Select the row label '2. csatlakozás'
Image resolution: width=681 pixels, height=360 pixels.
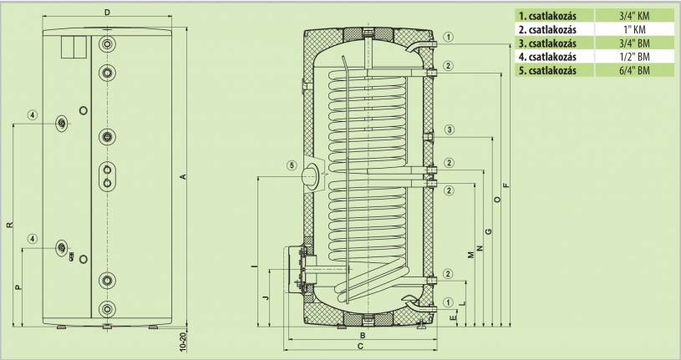coord(547,29)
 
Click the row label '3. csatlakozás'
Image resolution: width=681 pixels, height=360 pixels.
coord(547,43)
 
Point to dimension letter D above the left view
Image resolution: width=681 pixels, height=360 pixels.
coord(107,13)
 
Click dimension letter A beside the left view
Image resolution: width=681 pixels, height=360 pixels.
coord(183,177)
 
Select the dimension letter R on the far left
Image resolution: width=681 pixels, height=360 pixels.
coord(10,225)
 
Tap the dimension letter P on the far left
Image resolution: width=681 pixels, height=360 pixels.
coord(18,287)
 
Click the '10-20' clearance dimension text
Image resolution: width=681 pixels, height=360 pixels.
coord(183,342)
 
